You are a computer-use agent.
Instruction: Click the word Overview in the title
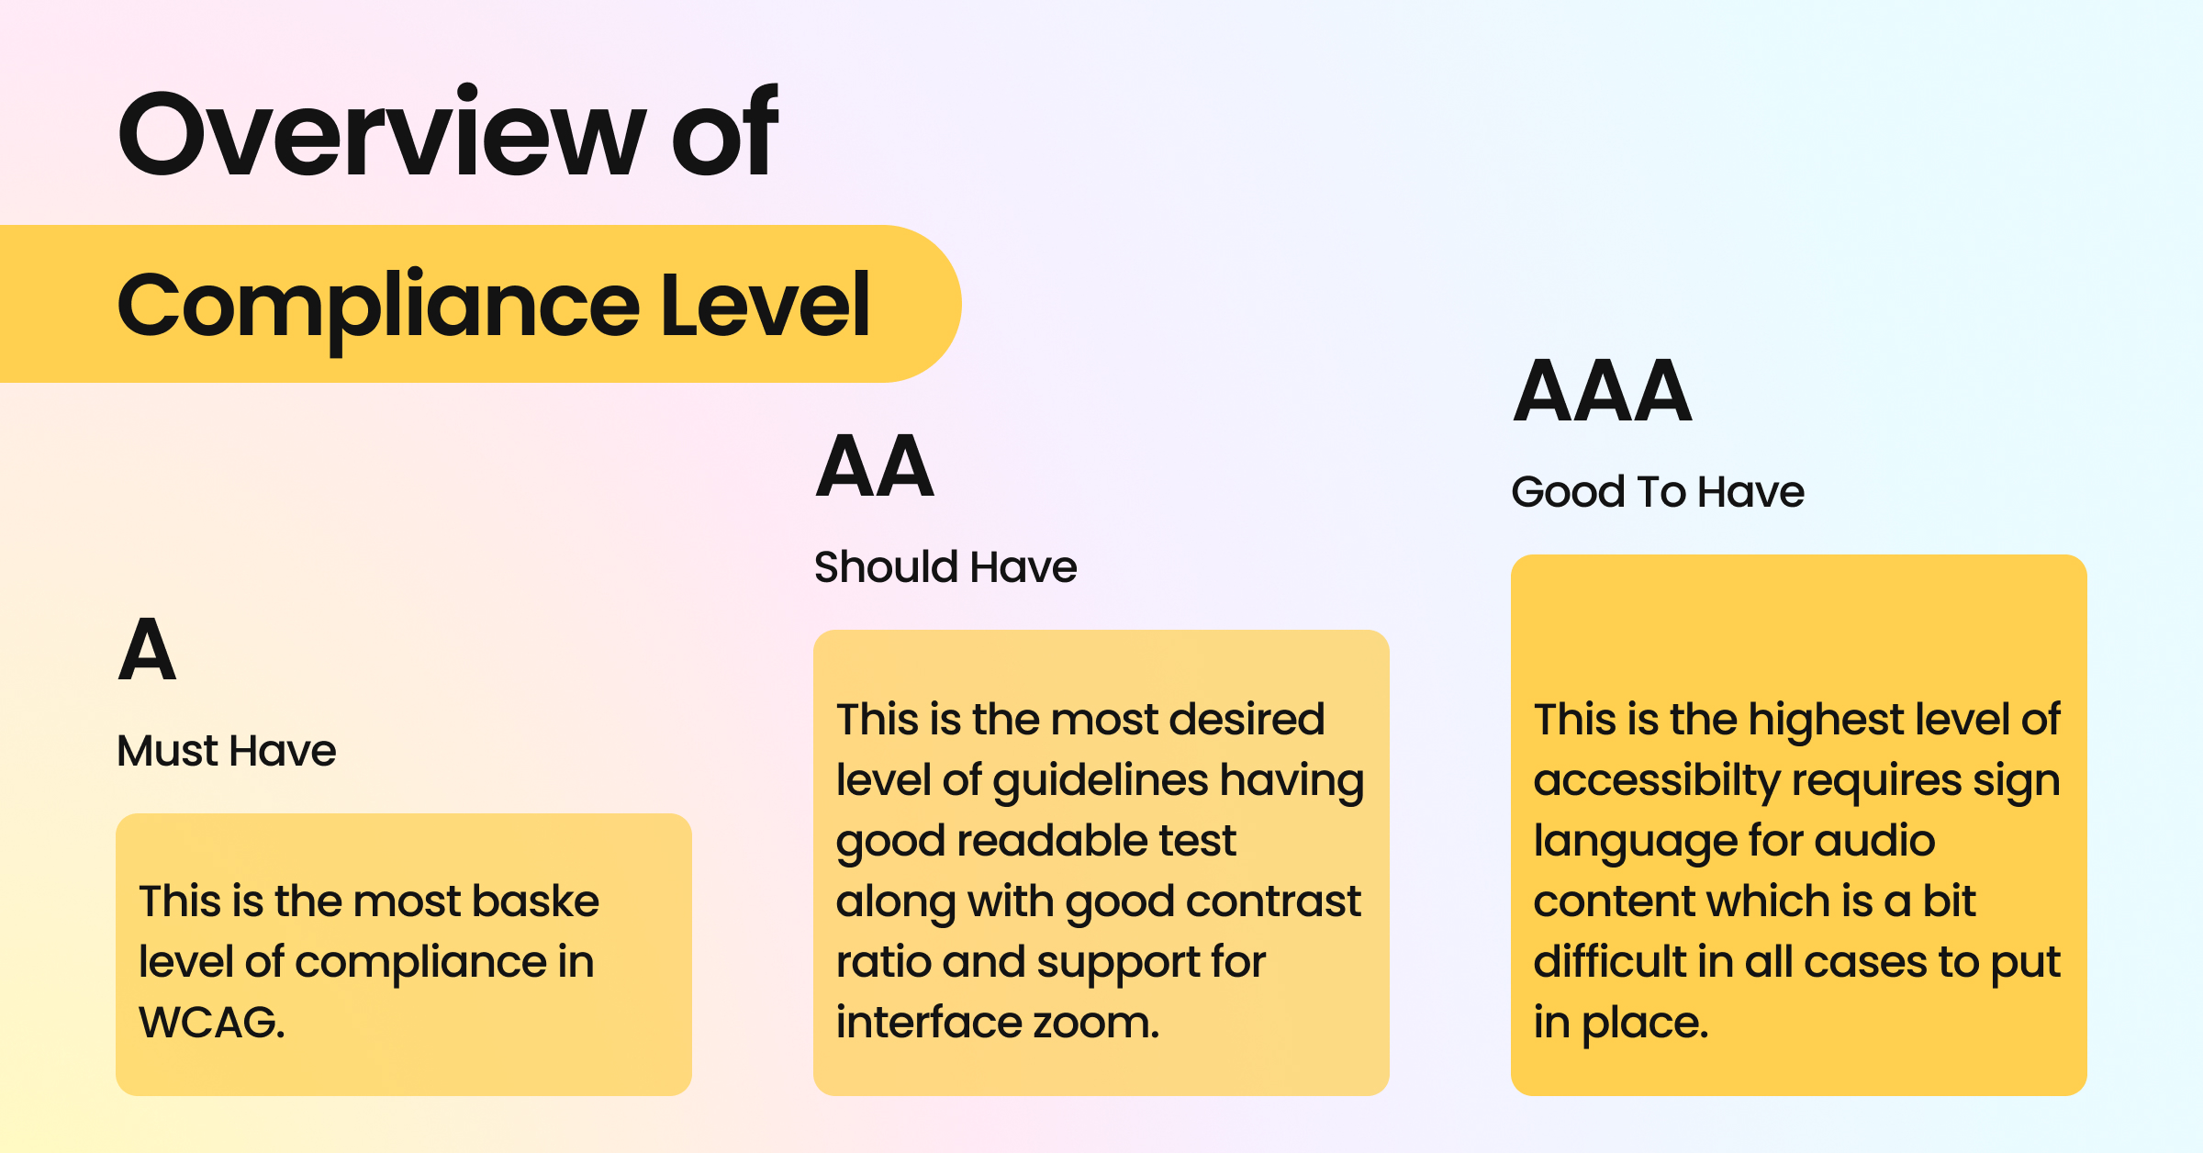click(x=382, y=133)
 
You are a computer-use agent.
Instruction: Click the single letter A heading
click(x=147, y=650)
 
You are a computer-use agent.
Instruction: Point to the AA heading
click(x=875, y=467)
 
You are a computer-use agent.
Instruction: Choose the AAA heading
click(x=1602, y=392)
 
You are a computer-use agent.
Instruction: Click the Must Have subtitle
click(x=227, y=751)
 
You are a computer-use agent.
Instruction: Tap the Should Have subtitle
click(x=945, y=567)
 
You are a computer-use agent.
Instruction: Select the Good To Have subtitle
click(x=1658, y=492)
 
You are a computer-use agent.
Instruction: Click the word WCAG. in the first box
click(x=212, y=1023)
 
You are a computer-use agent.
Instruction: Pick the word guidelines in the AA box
click(x=1100, y=781)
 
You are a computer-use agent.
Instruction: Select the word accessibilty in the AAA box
click(x=1656, y=781)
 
